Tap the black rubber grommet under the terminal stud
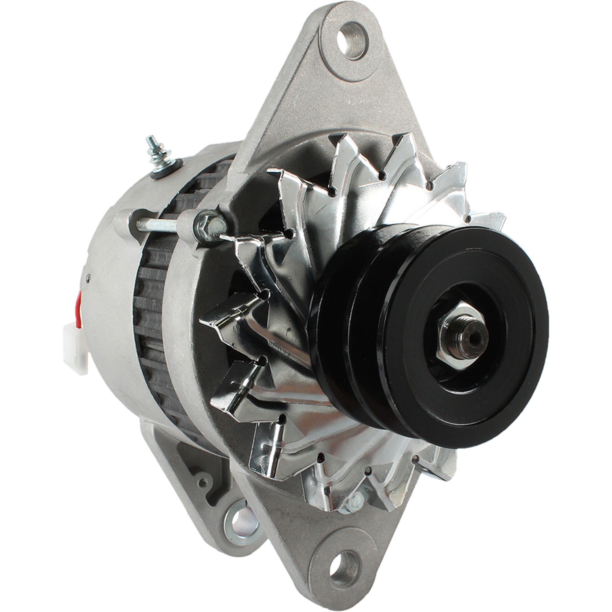(x=165, y=171)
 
